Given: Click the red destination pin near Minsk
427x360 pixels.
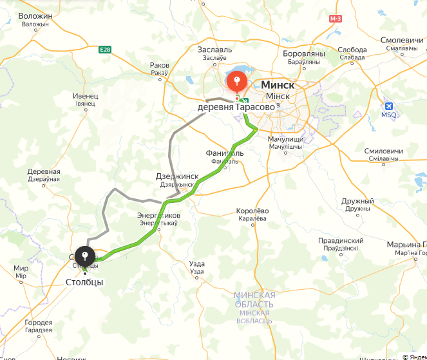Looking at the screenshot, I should tap(237, 82).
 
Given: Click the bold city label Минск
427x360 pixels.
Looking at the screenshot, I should tap(278, 85).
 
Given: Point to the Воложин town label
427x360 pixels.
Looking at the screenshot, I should tap(35, 16).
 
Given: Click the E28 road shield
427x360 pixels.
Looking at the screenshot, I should tap(105, 50).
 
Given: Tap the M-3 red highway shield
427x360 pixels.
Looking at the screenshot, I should tap(335, 19).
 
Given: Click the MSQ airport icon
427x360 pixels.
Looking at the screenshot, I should tap(388, 106).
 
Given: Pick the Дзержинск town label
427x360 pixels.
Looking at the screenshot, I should tap(177, 176).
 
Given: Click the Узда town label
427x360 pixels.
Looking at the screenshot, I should tap(197, 263).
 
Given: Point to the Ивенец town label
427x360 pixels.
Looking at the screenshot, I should tap(85, 95).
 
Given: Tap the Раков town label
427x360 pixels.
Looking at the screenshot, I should tap(159, 65).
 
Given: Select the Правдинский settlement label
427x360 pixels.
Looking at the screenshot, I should tap(341, 240).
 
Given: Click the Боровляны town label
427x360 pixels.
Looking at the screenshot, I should tap(303, 54).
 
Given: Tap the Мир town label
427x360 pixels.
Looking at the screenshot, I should tap(21, 268).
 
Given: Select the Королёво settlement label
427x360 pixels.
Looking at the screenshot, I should tap(252, 211).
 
